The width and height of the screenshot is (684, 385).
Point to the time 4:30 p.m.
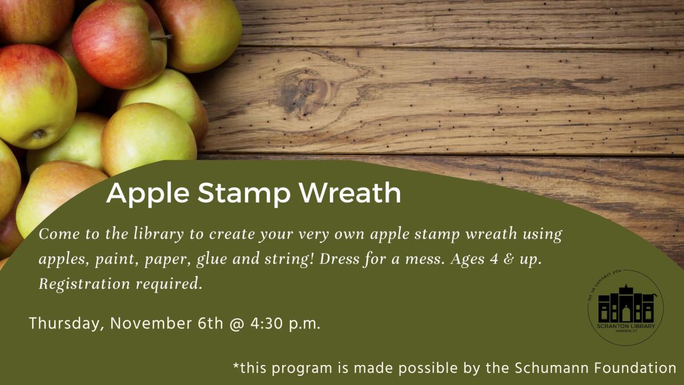pyautogui.click(x=286, y=324)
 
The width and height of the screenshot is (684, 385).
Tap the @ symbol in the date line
pyautogui.click(x=237, y=324)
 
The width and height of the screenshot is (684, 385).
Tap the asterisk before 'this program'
pyautogui.click(x=236, y=365)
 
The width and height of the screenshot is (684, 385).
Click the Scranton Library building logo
pyautogui.click(x=626, y=307)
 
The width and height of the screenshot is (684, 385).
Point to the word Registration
pyautogui.click(x=84, y=284)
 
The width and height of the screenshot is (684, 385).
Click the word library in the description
pyautogui.click(x=159, y=234)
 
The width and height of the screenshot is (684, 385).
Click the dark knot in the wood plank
pyautogui.click(x=302, y=93)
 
